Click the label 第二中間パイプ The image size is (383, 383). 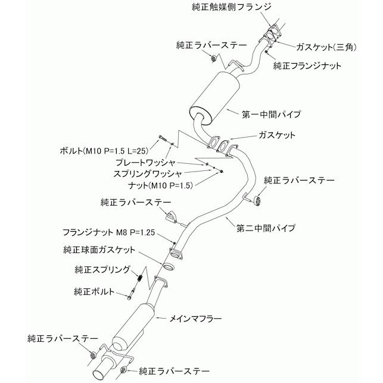(266, 228)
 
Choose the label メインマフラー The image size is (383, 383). (196, 319)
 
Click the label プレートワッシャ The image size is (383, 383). (147, 162)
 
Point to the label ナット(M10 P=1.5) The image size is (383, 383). (154, 185)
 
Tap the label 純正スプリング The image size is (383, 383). (102, 269)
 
